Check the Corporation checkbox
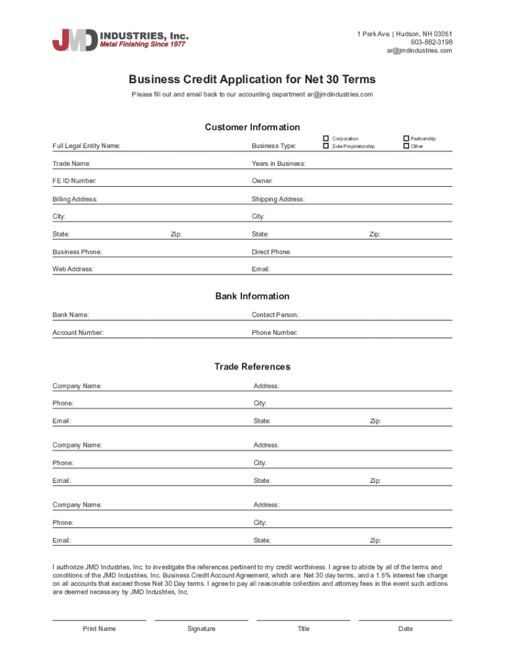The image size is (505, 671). [x=325, y=138]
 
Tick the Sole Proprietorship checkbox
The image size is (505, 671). [x=325, y=146]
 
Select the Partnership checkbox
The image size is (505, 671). [x=406, y=138]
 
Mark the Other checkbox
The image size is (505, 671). [x=406, y=146]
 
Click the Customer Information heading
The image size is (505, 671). [x=253, y=127]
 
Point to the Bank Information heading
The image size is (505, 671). [x=253, y=296]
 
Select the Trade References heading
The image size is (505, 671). [x=253, y=367]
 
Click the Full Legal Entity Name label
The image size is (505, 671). [x=86, y=146]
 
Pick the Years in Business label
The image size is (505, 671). [x=278, y=164]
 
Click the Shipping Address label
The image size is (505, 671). [x=277, y=199]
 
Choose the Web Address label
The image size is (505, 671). [x=73, y=269]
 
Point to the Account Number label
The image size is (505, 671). [x=77, y=333]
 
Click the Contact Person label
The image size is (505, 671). [x=275, y=315]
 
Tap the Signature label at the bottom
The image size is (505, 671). [x=201, y=629]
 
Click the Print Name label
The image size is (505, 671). [x=99, y=629]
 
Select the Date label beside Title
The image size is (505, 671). [x=405, y=629]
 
